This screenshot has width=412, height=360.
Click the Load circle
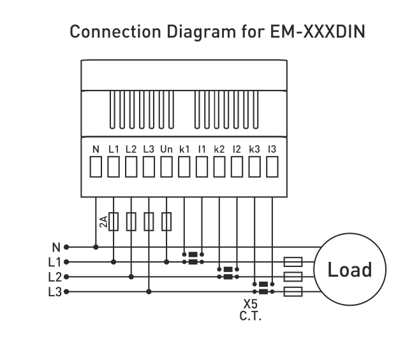pyautogui.click(x=350, y=269)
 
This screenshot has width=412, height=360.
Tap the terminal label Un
pyautogui.click(x=166, y=149)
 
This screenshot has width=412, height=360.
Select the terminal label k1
pyautogui.click(x=184, y=149)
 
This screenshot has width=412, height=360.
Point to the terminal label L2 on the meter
pyautogui.click(x=131, y=149)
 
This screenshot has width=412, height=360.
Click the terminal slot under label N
pyautogui.click(x=96, y=167)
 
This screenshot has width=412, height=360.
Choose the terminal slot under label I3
pyautogui.click(x=272, y=167)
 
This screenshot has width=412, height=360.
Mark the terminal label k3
pyautogui.click(x=254, y=149)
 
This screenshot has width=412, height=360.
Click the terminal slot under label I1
pyautogui.click(x=202, y=167)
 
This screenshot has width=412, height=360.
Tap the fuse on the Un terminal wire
pyautogui.click(x=166, y=221)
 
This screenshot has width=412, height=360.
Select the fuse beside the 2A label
pyautogui.click(x=114, y=221)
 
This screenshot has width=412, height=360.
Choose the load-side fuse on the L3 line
pyautogui.click(x=292, y=292)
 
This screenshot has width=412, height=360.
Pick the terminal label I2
pyautogui.click(x=237, y=149)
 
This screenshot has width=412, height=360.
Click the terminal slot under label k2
pyautogui.click(x=219, y=167)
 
